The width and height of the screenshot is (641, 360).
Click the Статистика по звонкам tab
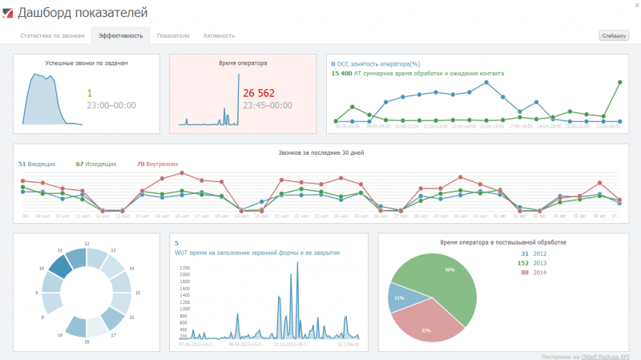(52, 36)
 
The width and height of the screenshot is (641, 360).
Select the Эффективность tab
(121, 36)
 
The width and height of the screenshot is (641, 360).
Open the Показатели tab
(173, 36)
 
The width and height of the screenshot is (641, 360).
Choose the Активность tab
(220, 36)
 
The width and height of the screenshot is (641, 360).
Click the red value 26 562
(259, 92)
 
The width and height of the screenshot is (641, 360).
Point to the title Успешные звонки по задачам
(87, 63)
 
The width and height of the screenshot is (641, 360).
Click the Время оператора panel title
(243, 63)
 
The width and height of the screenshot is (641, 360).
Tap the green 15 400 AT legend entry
(417, 73)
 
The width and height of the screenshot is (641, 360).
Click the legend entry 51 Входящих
(37, 164)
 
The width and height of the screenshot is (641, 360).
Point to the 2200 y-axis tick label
(185, 267)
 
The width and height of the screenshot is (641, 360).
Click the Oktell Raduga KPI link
(605, 354)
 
